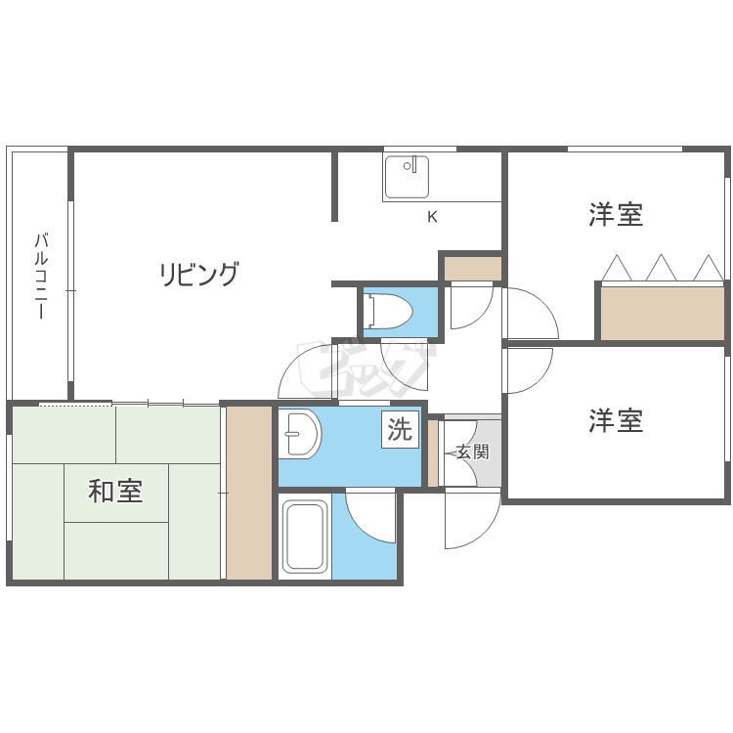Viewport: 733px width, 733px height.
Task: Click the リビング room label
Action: tap(198, 275)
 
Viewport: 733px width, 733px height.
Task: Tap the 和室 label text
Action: tap(115, 491)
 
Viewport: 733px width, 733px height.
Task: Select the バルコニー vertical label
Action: tap(41, 277)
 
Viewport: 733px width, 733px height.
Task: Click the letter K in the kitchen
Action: tap(432, 217)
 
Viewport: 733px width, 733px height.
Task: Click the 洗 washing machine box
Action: tap(400, 429)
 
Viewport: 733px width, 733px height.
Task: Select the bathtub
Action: tap(304, 537)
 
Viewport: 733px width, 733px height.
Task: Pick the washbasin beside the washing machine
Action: tap(300, 434)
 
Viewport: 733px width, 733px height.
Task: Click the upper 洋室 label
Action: tap(616, 215)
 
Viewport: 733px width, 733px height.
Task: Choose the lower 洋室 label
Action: tap(616, 421)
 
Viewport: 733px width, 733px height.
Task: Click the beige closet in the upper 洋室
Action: tap(662, 313)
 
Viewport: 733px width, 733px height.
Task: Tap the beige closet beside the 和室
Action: tap(249, 493)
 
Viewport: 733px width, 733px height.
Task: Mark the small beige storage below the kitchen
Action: tap(472, 268)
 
